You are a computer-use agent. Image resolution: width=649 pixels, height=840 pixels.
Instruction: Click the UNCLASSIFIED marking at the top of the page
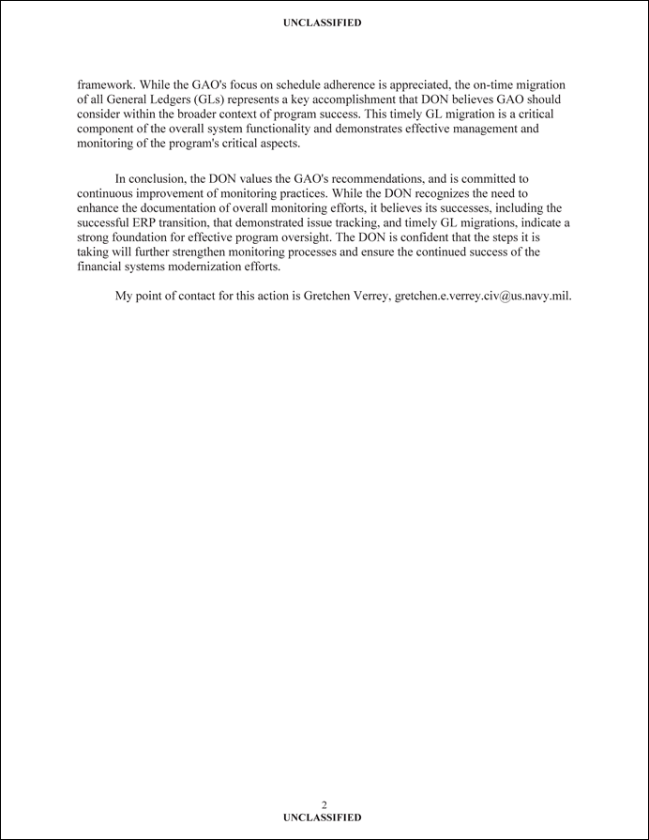[322, 23]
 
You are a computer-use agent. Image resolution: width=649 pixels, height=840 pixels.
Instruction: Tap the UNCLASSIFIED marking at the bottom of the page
[322, 817]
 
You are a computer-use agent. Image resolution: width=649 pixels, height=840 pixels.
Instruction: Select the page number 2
[324, 805]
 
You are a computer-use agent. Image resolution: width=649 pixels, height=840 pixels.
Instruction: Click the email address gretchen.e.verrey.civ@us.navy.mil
[483, 296]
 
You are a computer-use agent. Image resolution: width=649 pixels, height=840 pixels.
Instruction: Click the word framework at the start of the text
[105, 85]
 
